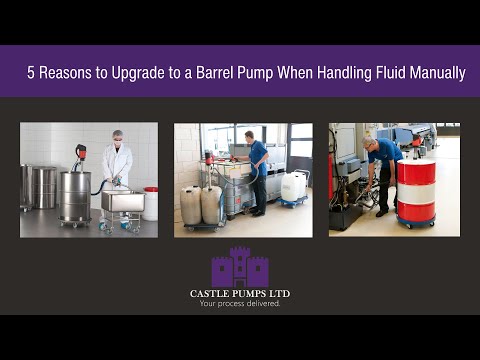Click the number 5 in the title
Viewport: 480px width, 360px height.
click(x=31, y=73)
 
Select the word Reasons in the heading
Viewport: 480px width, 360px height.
click(x=67, y=73)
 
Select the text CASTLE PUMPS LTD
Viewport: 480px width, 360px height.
click(x=240, y=294)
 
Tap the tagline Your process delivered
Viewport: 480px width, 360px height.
click(x=240, y=304)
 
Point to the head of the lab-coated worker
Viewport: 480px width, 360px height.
click(x=117, y=136)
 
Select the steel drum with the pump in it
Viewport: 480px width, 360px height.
click(x=75, y=195)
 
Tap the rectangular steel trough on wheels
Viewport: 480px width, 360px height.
click(x=121, y=202)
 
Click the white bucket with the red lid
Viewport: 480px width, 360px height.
click(x=150, y=202)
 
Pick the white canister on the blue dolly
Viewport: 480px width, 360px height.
click(x=294, y=187)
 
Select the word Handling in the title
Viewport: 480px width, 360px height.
click(x=325, y=73)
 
